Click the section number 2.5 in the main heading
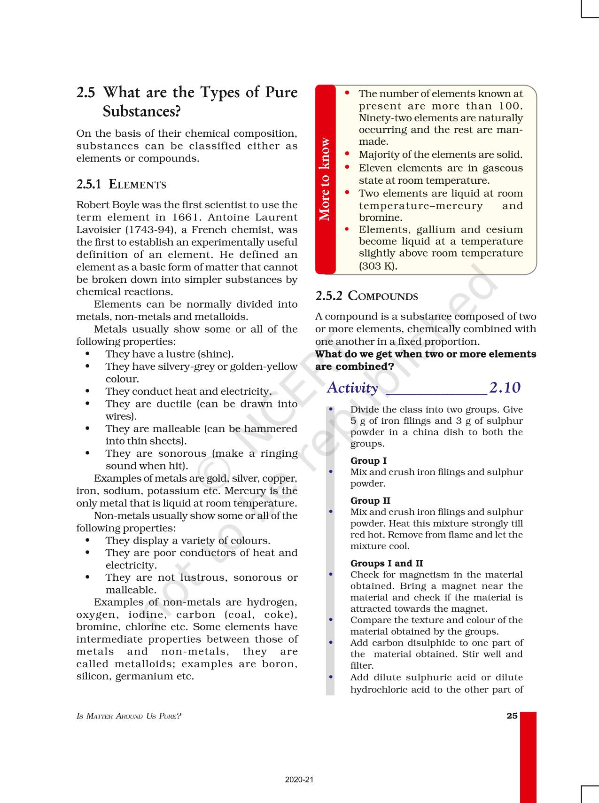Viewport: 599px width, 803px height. [86, 93]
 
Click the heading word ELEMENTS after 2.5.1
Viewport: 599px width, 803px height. [137, 185]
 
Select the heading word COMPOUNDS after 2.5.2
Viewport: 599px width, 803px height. [382, 296]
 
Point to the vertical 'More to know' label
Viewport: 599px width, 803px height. [325, 179]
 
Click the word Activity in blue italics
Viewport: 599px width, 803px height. [352, 388]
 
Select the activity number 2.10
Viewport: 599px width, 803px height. [505, 388]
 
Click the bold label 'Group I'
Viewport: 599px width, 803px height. [368, 461]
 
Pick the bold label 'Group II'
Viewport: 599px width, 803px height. [370, 501]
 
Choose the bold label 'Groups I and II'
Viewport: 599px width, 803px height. [386, 563]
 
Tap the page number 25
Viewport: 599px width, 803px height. [512, 716]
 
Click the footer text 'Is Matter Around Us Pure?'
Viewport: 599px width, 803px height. [128, 717]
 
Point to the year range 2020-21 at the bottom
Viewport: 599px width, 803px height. [299, 780]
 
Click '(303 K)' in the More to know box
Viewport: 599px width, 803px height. [378, 266]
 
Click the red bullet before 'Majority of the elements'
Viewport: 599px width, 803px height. [347, 154]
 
